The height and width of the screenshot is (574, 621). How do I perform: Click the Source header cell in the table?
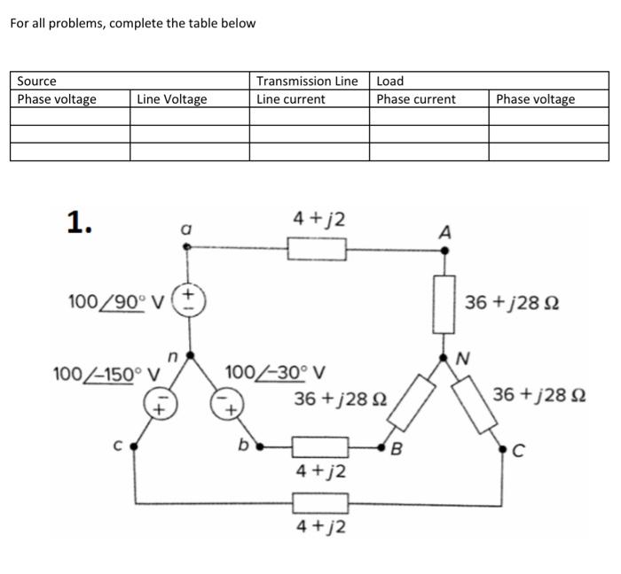(x=37, y=81)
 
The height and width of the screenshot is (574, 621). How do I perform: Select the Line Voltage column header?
(x=171, y=99)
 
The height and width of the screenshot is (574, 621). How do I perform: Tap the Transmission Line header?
(x=307, y=81)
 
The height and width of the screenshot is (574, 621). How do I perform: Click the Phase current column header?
(x=415, y=99)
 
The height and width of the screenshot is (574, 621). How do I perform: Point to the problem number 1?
(x=80, y=223)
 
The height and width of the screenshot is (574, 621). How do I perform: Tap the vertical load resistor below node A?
(x=445, y=303)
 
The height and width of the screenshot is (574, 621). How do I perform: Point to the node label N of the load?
(x=461, y=359)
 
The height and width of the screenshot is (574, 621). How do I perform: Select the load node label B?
(x=397, y=447)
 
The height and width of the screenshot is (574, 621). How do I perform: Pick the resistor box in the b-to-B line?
(x=319, y=446)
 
